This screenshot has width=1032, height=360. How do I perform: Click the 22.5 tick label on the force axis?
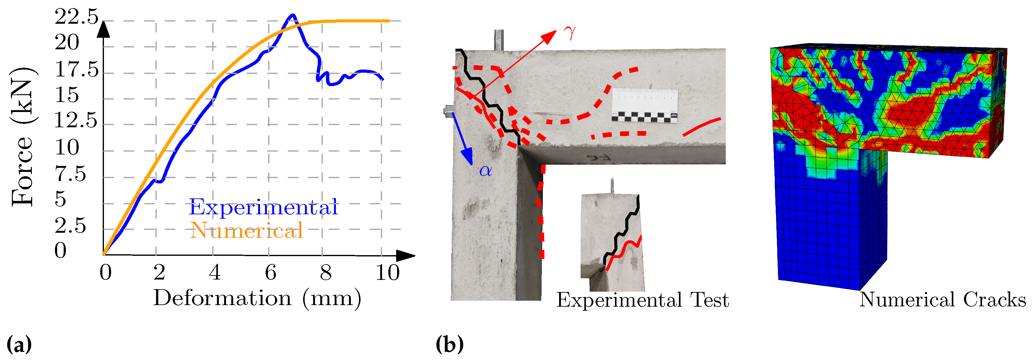(76, 17)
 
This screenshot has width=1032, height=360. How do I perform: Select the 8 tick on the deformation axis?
(326, 273)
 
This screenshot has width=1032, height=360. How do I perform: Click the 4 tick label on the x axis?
(215, 273)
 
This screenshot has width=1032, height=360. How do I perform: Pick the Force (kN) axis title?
(23, 137)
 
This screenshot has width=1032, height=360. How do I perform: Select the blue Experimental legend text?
(263, 207)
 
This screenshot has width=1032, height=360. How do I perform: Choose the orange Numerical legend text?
(246, 231)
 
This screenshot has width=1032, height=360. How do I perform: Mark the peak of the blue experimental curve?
(293, 16)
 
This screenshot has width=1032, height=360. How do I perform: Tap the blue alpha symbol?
(485, 171)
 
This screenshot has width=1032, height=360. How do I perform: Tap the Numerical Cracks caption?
(943, 300)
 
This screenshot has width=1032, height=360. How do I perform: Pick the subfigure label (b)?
(450, 344)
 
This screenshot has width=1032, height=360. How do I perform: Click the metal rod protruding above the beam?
(499, 40)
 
